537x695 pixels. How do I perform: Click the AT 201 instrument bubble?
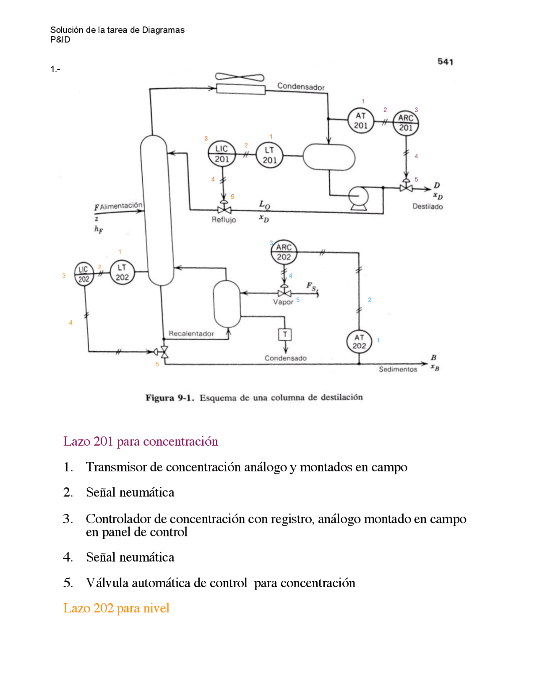(360, 120)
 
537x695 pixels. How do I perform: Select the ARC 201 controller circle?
(406, 123)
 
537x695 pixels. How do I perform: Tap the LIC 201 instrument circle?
(222, 154)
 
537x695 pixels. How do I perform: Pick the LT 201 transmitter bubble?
(269, 155)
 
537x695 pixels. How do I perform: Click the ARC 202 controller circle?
(284, 252)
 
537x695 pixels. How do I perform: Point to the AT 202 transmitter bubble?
(359, 342)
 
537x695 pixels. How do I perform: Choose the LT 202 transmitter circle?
(122, 272)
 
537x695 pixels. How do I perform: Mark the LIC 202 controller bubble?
(84, 274)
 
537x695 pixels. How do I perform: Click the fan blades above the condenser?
(240, 77)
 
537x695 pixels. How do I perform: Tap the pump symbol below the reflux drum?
(359, 197)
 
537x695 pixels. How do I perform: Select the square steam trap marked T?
(285, 334)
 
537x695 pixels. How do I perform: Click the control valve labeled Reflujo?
(224, 209)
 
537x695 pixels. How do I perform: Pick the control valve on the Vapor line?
(284, 293)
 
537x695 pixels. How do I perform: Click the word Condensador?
(301, 87)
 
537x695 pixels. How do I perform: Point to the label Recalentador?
(191, 334)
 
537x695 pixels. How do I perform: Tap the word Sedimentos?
(398, 369)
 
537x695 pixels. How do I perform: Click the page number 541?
(445, 62)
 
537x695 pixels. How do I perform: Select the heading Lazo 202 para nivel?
(116, 608)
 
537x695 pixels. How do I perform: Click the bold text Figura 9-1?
(169, 398)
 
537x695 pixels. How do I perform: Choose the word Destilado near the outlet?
(428, 206)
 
